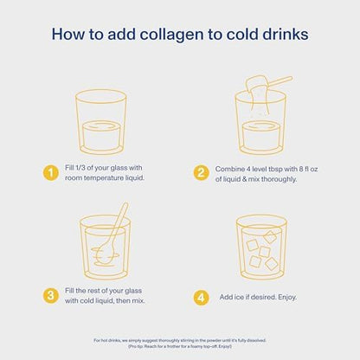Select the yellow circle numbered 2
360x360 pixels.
pyautogui.click(x=201, y=174)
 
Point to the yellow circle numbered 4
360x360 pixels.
pyautogui.click(x=201, y=296)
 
